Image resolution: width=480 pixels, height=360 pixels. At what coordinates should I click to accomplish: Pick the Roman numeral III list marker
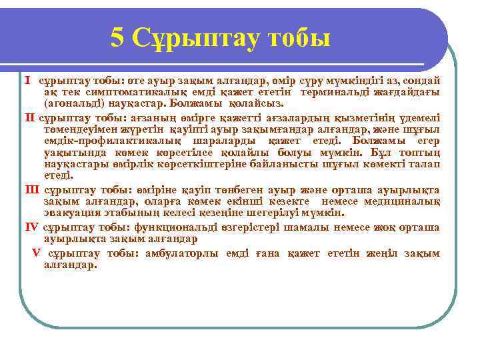[x=32, y=189]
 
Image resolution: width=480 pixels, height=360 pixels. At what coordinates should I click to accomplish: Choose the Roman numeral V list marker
[x=36, y=253]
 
